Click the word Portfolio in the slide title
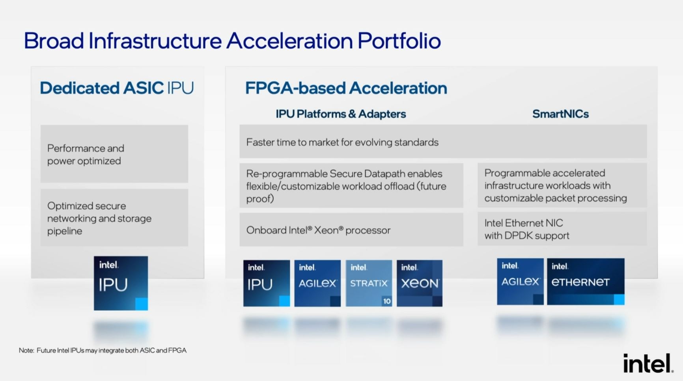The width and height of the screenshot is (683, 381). [x=399, y=41]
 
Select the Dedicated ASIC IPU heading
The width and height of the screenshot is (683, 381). [x=117, y=88]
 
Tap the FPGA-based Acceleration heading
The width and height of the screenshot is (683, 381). [x=346, y=88]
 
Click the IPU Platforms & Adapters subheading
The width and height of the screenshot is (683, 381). [x=341, y=114]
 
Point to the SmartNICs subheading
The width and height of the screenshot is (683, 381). [x=560, y=114]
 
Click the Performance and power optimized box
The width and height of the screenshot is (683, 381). [x=114, y=154]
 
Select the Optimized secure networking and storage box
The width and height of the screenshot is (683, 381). [x=114, y=218]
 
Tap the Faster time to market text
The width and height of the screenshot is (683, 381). [x=342, y=142]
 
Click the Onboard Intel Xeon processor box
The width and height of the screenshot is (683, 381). [x=351, y=230]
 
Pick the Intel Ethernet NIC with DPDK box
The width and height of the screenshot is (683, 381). [x=562, y=229]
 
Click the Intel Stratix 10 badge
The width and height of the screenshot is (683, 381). [x=369, y=283]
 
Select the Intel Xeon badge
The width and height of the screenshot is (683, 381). [x=420, y=283]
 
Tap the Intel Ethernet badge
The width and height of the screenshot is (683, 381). [x=586, y=282]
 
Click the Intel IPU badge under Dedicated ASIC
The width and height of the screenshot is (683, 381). [x=121, y=283]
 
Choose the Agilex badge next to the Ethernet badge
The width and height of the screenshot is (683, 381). [x=520, y=282]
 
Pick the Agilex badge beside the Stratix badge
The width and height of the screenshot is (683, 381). [x=317, y=283]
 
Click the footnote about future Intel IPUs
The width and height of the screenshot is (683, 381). [x=103, y=350]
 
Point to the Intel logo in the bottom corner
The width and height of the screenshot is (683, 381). [x=648, y=363]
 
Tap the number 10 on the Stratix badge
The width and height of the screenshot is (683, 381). [x=387, y=301]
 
